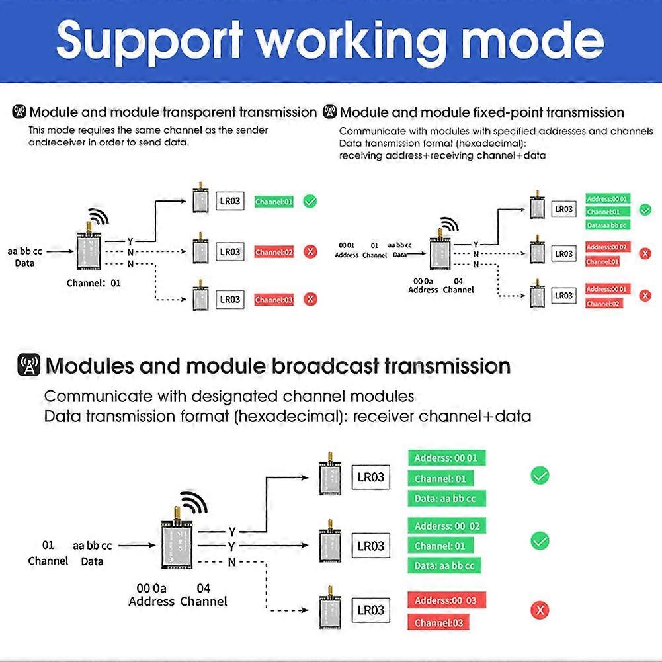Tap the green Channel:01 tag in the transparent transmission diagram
pyautogui.click(x=273, y=202)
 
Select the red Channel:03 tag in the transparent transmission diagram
pyautogui.click(x=273, y=300)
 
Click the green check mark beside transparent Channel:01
pyautogui.click(x=310, y=201)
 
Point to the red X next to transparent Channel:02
pyautogui.click(x=310, y=251)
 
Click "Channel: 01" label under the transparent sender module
pyautogui.click(x=94, y=283)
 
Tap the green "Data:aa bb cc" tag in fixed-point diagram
pyautogui.click(x=606, y=225)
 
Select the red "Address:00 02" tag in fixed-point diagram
pyautogui.click(x=606, y=247)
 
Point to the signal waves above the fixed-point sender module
pyautogui.click(x=450, y=224)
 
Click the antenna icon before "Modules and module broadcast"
pyautogui.click(x=29, y=366)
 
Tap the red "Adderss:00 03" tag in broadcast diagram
pyautogui.click(x=446, y=600)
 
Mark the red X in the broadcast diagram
pyautogui.click(x=540, y=610)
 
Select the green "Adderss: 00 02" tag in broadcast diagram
pyautogui.click(x=446, y=526)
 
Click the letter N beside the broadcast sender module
pyautogui.click(x=231, y=562)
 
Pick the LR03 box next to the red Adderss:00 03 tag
pyautogui.click(x=370, y=610)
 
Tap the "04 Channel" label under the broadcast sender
pyautogui.click(x=204, y=595)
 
